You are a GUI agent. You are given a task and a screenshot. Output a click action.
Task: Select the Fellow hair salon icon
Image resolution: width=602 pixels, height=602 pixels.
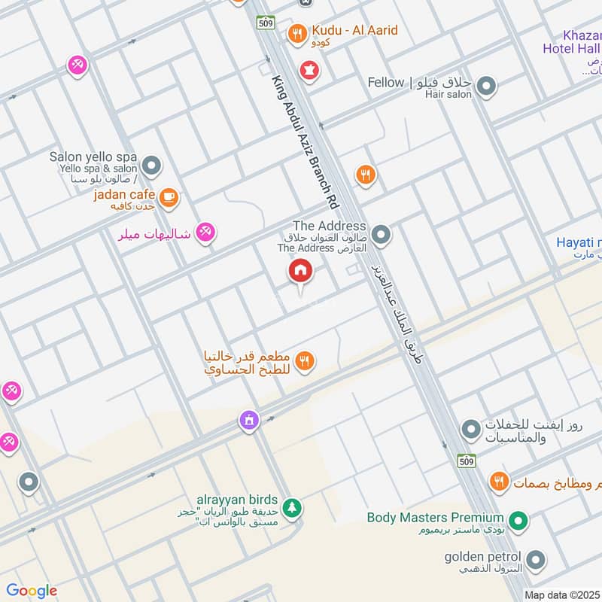tap(487, 86)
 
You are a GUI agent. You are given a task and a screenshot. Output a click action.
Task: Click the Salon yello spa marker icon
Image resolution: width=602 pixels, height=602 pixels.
tap(152, 164)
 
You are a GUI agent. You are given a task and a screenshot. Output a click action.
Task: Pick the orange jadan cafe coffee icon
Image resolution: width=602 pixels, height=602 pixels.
tap(169, 196)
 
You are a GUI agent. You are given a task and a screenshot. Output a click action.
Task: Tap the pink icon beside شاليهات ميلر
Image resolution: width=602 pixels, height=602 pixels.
tap(204, 233)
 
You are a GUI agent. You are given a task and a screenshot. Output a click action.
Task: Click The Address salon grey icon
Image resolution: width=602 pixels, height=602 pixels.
tap(382, 236)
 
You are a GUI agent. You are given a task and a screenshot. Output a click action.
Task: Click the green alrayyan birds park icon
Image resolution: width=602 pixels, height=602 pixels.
tap(293, 508)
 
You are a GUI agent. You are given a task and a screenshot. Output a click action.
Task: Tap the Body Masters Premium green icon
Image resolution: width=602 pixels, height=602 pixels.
tap(518, 520)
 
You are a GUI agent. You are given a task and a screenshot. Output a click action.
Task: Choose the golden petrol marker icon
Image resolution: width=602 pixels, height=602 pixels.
tap(535, 559)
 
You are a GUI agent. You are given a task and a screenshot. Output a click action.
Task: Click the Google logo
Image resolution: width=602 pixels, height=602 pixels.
tap(32, 591)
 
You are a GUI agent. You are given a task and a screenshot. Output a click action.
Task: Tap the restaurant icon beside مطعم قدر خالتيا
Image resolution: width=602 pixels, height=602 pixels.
tap(305, 361)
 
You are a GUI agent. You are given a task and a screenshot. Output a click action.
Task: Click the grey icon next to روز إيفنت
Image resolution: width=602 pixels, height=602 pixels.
tap(470, 430)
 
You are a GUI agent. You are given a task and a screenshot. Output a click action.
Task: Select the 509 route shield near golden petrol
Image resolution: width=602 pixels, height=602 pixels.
tap(467, 461)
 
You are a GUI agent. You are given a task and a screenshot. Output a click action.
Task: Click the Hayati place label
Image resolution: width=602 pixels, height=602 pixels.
tap(578, 242)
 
